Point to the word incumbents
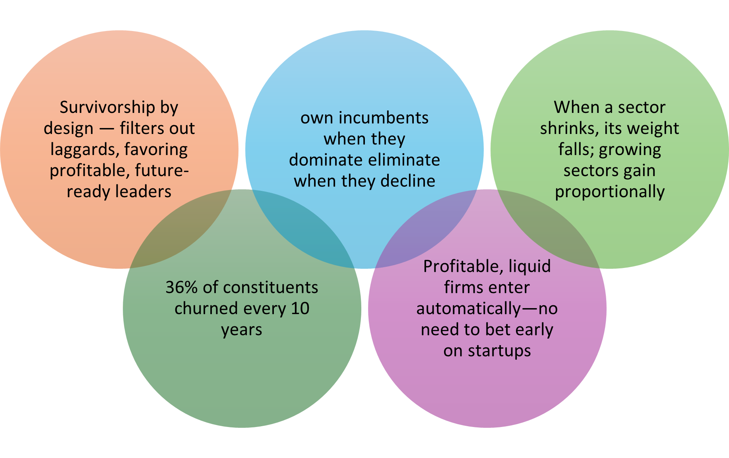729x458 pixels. coord(384,118)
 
